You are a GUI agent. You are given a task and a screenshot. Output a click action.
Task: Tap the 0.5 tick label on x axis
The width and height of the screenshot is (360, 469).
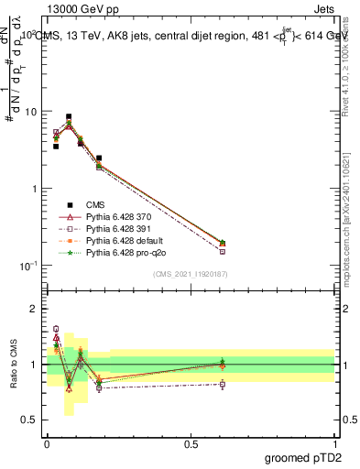click(x=191, y=442)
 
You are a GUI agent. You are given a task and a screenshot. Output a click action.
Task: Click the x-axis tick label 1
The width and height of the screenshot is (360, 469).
click(x=334, y=442)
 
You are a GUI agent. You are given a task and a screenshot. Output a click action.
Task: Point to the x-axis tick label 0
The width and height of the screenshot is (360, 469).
click(x=47, y=442)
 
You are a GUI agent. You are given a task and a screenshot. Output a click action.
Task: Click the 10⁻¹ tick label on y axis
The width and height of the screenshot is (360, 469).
click(x=28, y=266)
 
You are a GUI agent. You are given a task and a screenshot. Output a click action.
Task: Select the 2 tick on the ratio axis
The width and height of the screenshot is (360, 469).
click(x=35, y=309)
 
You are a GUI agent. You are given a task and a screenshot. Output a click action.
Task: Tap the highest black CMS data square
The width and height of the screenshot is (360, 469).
click(x=69, y=117)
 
